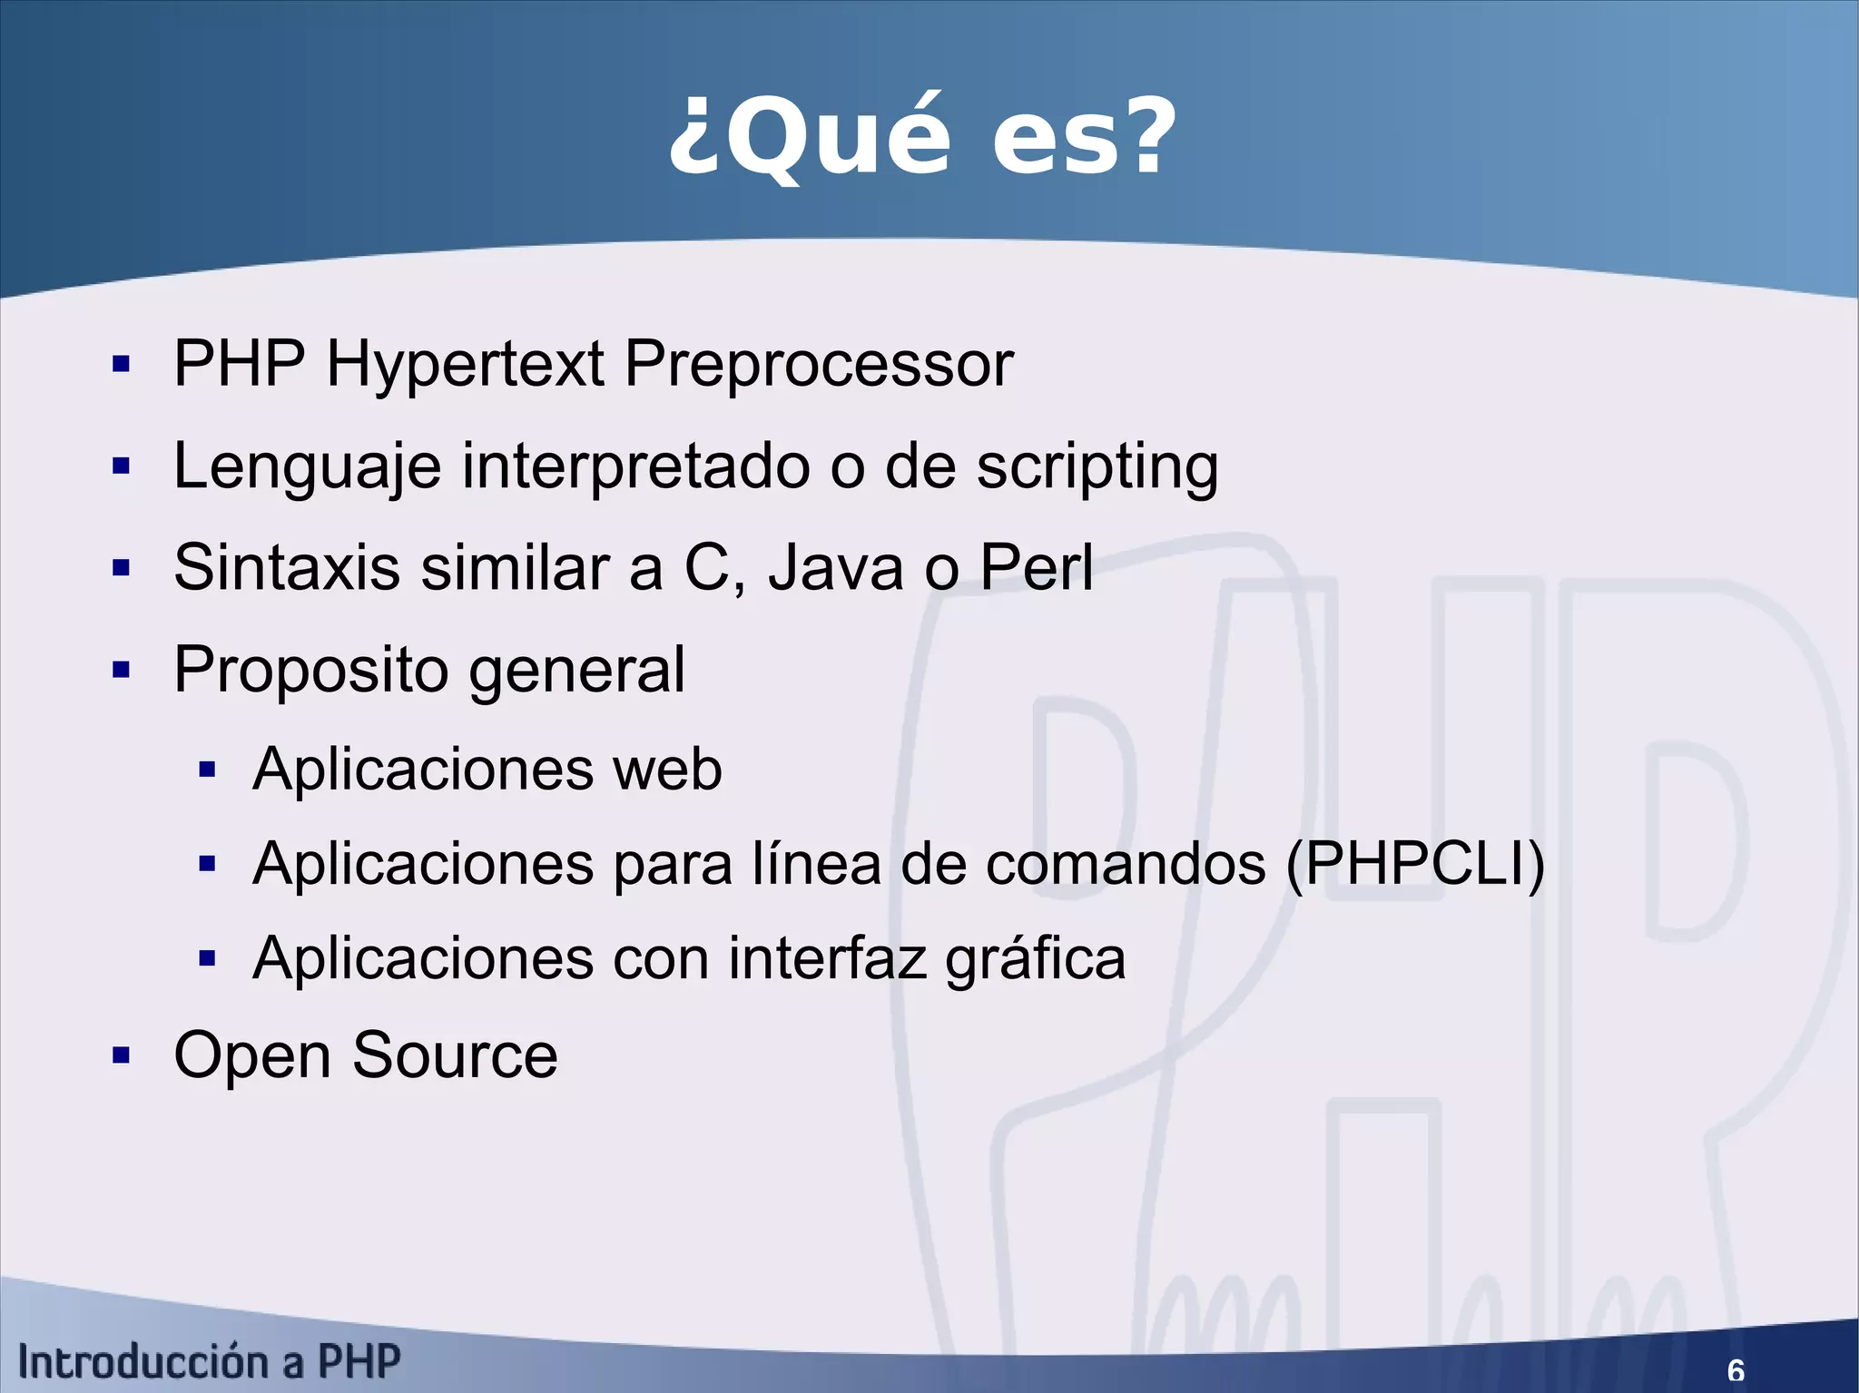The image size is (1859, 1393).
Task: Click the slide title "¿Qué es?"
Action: [x=922, y=138]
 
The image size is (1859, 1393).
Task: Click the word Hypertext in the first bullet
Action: [x=465, y=365]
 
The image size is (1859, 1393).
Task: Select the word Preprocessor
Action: [x=819, y=365]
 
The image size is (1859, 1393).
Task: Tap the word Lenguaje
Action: [x=308, y=467]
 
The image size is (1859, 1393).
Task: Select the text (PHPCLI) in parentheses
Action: [x=1415, y=864]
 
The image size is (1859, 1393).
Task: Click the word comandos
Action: [x=1126, y=864]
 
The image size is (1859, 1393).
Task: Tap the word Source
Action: [x=455, y=1055]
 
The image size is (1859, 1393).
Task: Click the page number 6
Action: [x=1735, y=1369]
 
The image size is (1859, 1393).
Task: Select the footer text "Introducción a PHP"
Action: [x=210, y=1362]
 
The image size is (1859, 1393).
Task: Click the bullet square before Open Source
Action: [x=121, y=1055]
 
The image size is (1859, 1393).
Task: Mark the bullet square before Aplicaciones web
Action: [x=207, y=770]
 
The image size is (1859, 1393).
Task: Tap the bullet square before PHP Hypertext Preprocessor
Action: [x=121, y=365]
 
